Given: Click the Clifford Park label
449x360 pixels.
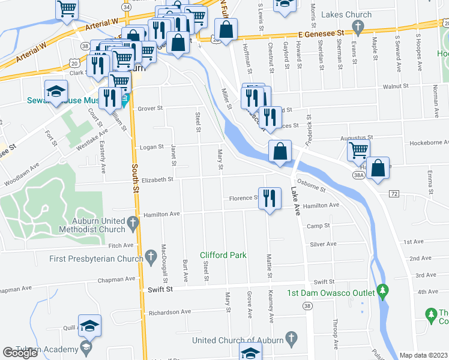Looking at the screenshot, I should [x=223, y=255].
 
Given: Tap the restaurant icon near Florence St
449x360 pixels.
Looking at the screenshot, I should [x=270, y=197].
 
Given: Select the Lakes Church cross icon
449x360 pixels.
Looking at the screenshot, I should [x=358, y=26].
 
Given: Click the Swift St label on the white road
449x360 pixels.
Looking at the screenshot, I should [x=160, y=289].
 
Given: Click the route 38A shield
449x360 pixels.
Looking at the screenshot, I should [x=359, y=175].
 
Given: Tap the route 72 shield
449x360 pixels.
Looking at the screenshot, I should [x=394, y=194].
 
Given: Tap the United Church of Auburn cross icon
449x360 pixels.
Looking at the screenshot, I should [x=291, y=338].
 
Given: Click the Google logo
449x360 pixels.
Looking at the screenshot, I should [x=20, y=353].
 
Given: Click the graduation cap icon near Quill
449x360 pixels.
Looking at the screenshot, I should [x=89, y=326].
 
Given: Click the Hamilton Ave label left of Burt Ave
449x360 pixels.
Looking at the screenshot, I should [x=161, y=214].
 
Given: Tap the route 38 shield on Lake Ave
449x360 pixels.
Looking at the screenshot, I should [x=307, y=306].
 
